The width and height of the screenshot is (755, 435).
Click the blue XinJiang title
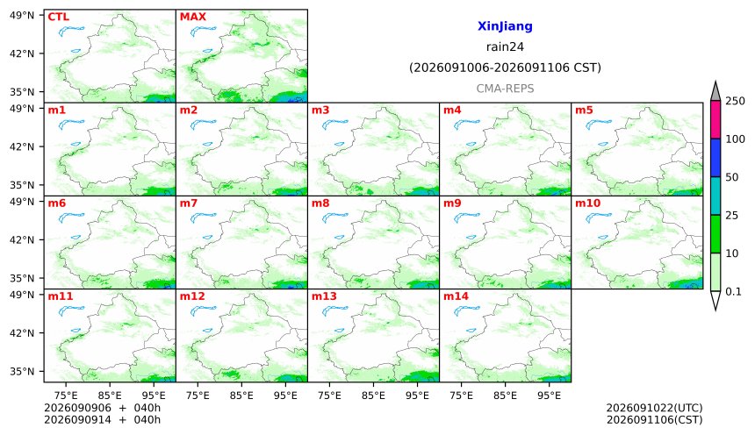(x=505, y=26)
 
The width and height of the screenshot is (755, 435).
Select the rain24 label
(x=505, y=46)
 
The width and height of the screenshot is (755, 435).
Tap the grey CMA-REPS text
(x=505, y=89)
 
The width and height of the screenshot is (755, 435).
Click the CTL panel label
(x=58, y=17)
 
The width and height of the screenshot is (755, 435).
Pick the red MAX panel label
(x=192, y=17)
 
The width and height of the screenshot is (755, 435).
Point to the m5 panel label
(x=584, y=111)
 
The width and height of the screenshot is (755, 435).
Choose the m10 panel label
(x=587, y=203)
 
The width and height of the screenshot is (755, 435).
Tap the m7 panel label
(x=188, y=203)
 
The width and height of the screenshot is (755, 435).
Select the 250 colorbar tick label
(x=736, y=101)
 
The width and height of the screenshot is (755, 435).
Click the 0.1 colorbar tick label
(x=733, y=291)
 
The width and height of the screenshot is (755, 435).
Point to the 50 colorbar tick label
(x=732, y=177)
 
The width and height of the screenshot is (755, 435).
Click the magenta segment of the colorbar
(x=715, y=120)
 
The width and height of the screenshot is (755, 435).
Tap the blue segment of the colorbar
(x=715, y=158)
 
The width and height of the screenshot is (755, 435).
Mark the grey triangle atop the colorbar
(x=715, y=91)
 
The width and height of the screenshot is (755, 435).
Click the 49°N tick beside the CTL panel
(x=22, y=16)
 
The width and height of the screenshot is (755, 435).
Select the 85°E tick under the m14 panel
(x=505, y=396)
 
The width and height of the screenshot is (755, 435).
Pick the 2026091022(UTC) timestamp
(x=654, y=408)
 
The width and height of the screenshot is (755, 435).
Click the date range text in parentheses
(x=505, y=68)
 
